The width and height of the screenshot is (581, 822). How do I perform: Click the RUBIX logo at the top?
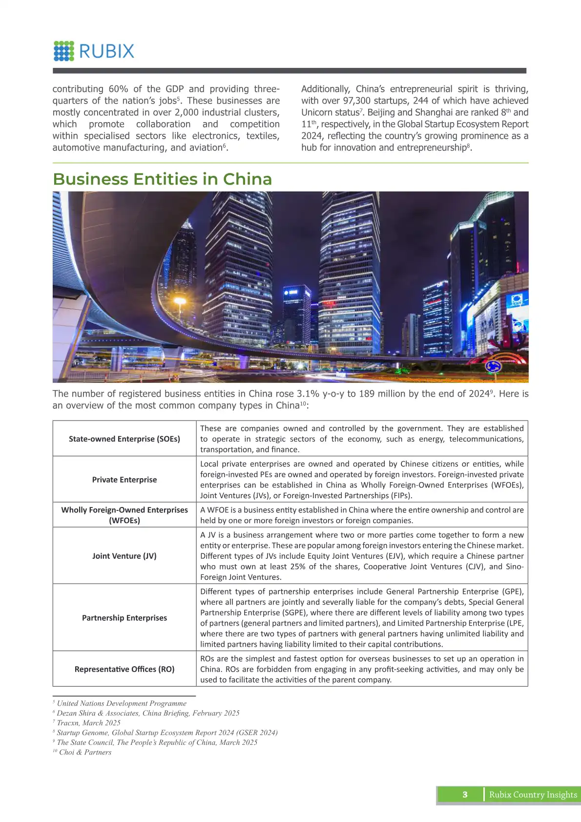(94, 51)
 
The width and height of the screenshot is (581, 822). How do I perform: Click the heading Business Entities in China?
(162, 179)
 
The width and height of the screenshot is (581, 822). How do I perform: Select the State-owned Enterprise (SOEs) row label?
(124, 439)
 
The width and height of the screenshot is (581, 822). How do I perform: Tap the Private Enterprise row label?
(124, 480)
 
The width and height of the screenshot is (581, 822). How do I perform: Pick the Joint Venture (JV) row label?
(124, 556)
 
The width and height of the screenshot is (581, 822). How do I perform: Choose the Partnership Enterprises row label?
(124, 618)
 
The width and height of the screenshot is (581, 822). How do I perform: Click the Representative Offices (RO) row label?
(124, 669)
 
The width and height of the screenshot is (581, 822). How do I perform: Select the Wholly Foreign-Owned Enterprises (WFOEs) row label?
(124, 515)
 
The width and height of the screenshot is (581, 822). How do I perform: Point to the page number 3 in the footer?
(465, 795)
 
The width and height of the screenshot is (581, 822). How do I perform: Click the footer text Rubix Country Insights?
(533, 795)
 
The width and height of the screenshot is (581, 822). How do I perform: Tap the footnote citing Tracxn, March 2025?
(88, 723)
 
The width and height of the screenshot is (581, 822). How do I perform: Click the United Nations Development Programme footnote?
(121, 703)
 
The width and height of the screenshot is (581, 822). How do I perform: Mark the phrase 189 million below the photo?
(385, 394)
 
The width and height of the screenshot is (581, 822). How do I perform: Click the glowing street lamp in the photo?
(180, 301)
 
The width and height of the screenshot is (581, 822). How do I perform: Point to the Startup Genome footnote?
(167, 733)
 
